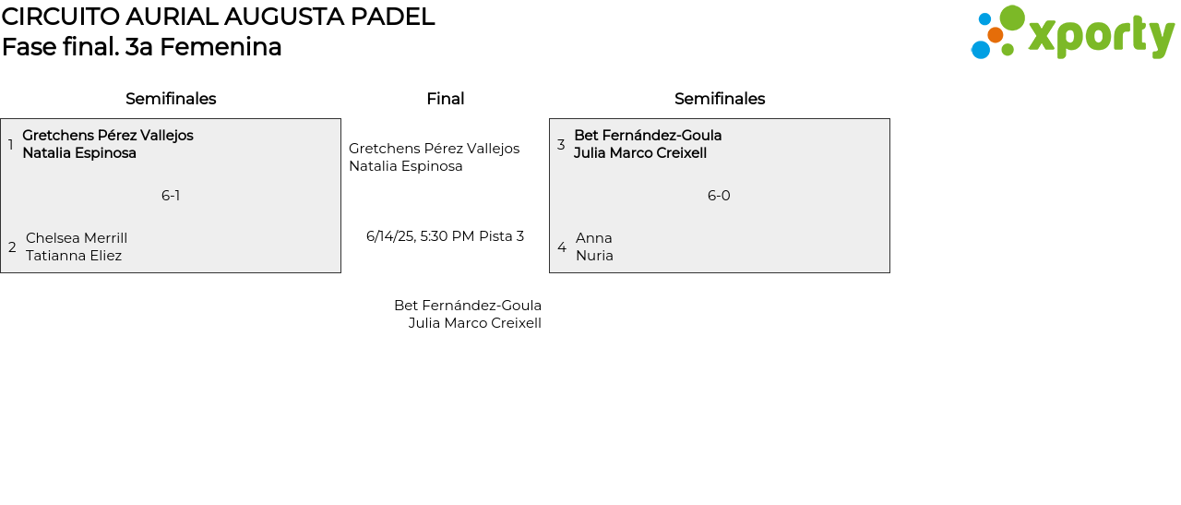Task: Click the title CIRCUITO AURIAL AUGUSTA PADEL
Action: point(218,17)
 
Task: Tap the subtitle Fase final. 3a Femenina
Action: point(141,47)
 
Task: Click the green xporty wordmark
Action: point(1101,37)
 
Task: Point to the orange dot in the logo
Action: point(995,35)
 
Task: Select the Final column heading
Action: point(445,99)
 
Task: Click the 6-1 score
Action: point(171,196)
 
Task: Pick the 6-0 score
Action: point(719,196)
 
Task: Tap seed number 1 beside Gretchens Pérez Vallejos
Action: point(10,145)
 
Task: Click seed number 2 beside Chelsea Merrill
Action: point(12,247)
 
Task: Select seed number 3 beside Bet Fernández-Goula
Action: point(561,145)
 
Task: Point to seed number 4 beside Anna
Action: point(562,247)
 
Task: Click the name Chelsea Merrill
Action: point(77,238)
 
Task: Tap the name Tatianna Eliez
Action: point(74,256)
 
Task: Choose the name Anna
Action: point(594,238)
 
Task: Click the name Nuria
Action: point(594,256)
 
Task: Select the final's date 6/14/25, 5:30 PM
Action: point(420,236)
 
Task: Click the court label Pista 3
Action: point(501,236)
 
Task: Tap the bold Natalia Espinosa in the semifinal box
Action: point(79,153)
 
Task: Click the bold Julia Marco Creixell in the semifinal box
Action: point(640,153)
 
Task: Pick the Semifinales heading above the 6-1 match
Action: point(171,99)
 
